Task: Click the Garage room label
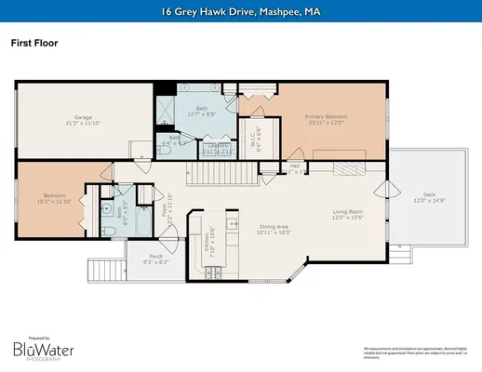pos(82,121)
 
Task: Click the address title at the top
pos(241,11)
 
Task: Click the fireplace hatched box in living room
pos(350,167)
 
